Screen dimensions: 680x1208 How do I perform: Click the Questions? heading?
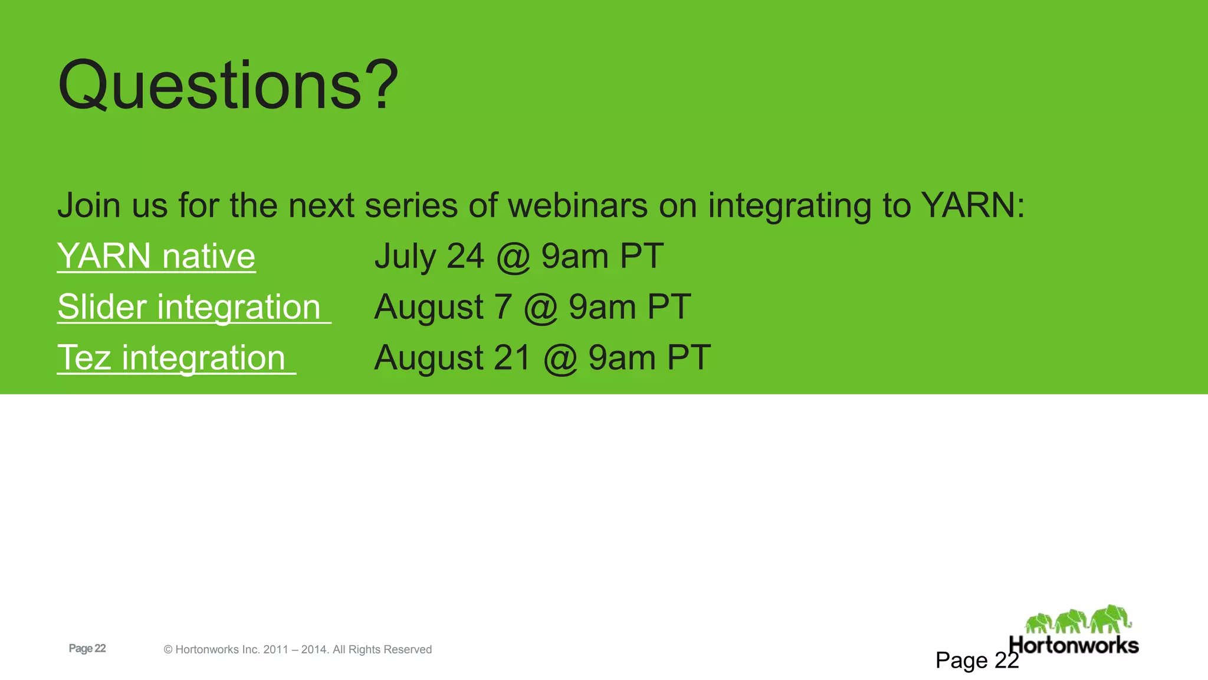tap(228, 86)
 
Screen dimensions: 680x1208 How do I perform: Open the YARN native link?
tap(156, 256)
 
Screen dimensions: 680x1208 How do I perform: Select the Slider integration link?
tap(189, 307)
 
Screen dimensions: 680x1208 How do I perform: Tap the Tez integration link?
tap(172, 358)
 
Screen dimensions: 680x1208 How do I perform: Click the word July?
tap(405, 256)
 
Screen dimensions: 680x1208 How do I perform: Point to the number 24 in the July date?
tap(465, 256)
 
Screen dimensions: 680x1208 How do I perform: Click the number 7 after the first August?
tap(503, 307)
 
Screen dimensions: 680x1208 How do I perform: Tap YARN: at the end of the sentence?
tap(973, 205)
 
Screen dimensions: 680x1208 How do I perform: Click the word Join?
tap(88, 205)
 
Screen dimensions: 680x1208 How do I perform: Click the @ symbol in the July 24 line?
tap(513, 257)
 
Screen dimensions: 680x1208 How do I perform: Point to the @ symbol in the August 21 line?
tap(560, 359)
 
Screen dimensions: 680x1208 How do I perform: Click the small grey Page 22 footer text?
tap(87, 648)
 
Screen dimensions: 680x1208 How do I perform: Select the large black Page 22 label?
tap(977, 660)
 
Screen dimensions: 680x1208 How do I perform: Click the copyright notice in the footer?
tap(298, 649)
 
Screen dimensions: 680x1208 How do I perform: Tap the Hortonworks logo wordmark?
tap(1074, 645)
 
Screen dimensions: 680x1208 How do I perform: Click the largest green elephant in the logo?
tap(1110, 619)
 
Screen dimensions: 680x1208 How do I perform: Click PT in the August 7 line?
tap(669, 307)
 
